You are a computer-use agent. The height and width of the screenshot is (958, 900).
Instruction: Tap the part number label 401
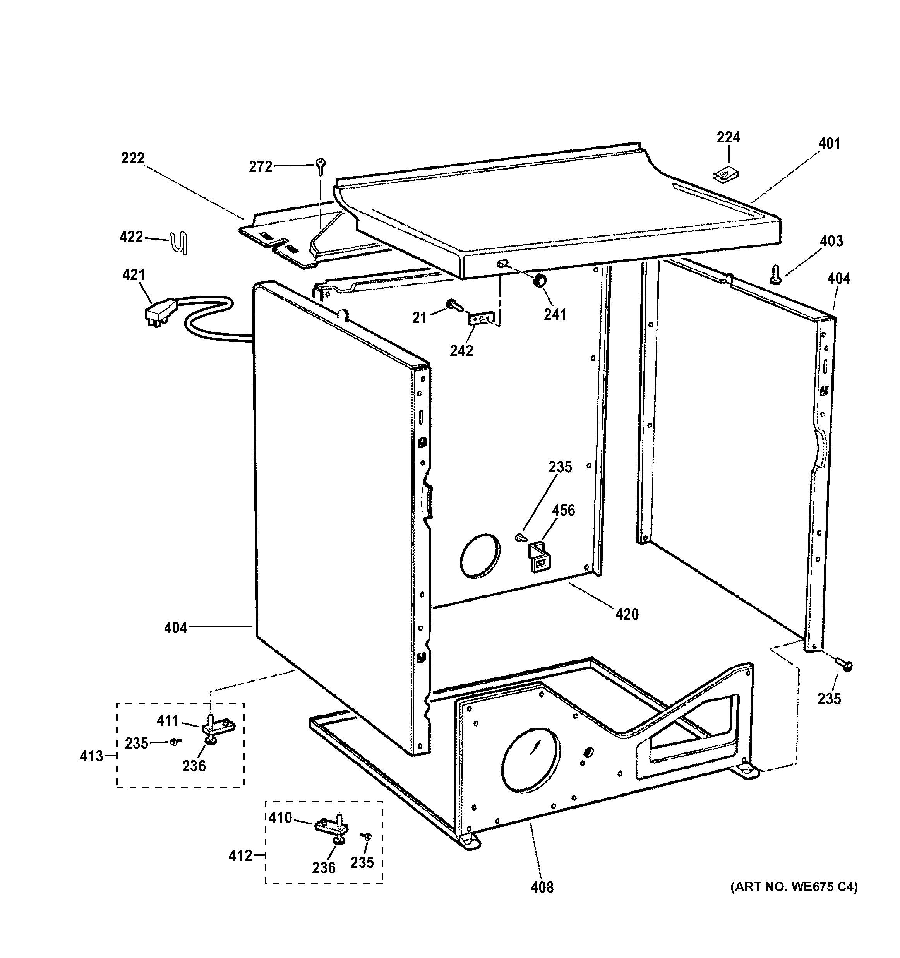pos(829,144)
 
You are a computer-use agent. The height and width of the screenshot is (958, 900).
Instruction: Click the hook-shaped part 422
pos(180,243)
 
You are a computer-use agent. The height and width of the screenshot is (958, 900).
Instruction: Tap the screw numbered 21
pos(453,304)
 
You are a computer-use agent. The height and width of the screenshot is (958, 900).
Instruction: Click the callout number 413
pos(91,756)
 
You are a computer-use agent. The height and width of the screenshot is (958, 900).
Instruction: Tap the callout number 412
pos(240,855)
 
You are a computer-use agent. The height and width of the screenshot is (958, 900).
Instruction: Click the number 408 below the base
pos(542,887)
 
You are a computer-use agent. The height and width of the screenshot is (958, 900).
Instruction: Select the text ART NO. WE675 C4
pos(794,887)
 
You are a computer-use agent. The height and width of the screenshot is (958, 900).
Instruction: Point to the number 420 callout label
pos(627,614)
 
